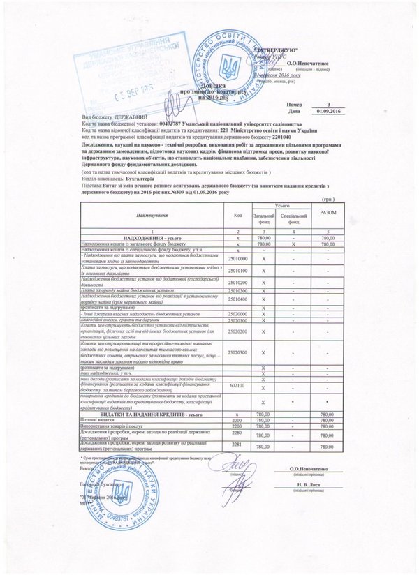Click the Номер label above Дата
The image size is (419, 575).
point(275,104)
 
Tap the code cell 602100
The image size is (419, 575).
point(237,384)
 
